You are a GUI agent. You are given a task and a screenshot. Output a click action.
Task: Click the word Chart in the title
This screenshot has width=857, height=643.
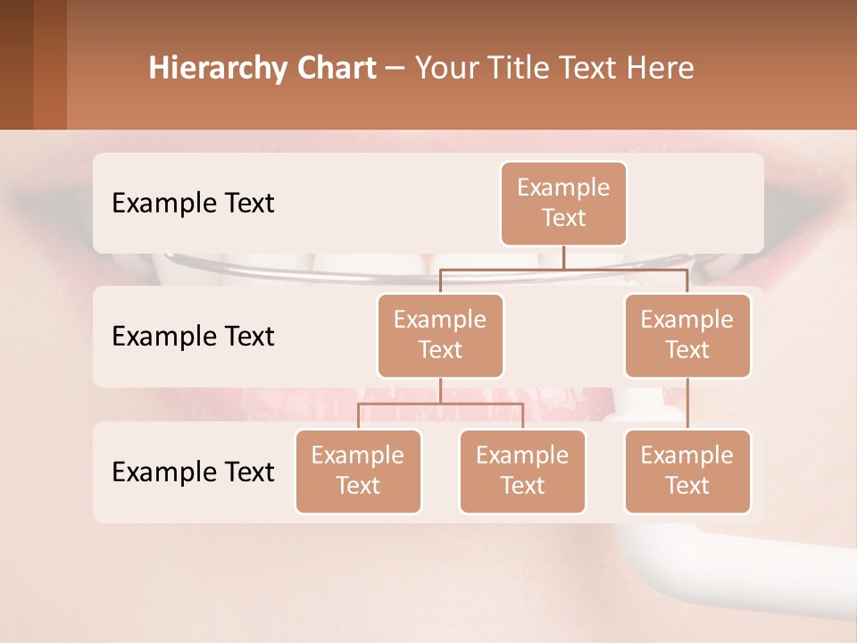[x=335, y=68]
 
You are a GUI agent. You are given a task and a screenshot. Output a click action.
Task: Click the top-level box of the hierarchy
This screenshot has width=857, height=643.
[x=563, y=203]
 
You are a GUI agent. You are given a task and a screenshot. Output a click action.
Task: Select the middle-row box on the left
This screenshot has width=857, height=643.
[x=440, y=335]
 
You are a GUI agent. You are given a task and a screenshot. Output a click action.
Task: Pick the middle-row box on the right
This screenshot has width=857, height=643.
[x=687, y=335]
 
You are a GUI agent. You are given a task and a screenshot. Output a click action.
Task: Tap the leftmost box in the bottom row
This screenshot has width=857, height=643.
[x=358, y=471]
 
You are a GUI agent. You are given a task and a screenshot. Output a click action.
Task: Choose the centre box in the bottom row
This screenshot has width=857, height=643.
[x=522, y=471]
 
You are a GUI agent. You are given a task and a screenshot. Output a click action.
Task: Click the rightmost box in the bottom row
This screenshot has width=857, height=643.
[x=687, y=471]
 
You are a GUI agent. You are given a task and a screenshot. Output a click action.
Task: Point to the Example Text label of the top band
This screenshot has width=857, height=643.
[x=193, y=203]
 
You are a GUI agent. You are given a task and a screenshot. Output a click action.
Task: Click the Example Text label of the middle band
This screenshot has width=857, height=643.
[x=193, y=336]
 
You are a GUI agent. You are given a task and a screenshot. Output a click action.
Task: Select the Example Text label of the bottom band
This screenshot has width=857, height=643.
[x=193, y=472]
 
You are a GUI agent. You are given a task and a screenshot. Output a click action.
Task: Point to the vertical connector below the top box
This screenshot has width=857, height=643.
[x=563, y=257]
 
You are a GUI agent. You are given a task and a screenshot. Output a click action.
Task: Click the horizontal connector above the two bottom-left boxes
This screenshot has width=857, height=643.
[x=440, y=404]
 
